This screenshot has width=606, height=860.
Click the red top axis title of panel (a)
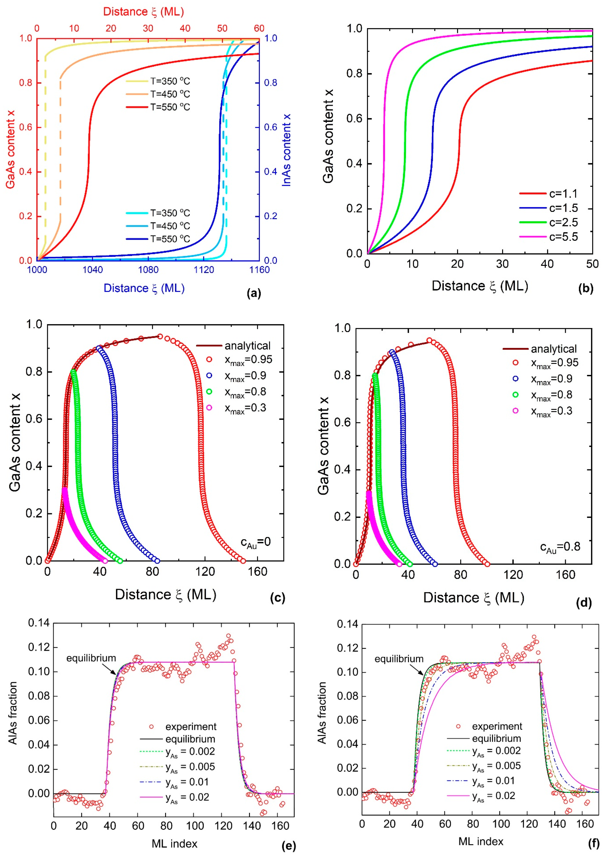[143, 12]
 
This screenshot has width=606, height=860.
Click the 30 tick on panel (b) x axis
[502, 264]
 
